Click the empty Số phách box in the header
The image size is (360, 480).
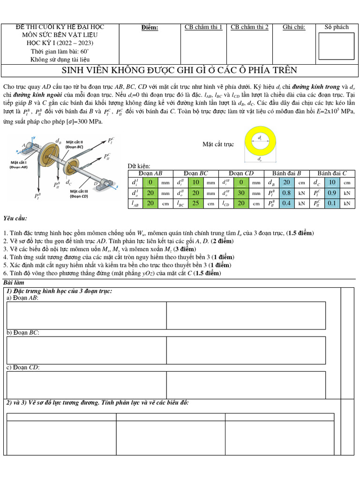[336, 45]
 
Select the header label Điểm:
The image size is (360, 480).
[150, 28]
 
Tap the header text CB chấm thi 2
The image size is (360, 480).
[249, 27]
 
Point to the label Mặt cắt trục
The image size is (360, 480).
[218, 144]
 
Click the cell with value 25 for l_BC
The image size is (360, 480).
[196, 203]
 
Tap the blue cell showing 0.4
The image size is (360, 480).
[286, 203]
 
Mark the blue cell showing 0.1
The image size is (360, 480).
[331, 203]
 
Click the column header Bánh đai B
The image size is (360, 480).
[287, 173]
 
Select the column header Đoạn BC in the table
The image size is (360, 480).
[196, 173]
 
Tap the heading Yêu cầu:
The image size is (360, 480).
[15, 218]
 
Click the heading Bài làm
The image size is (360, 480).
[14, 283]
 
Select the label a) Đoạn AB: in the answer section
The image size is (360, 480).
[22, 298]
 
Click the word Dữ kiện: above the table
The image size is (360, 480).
[138, 166]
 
